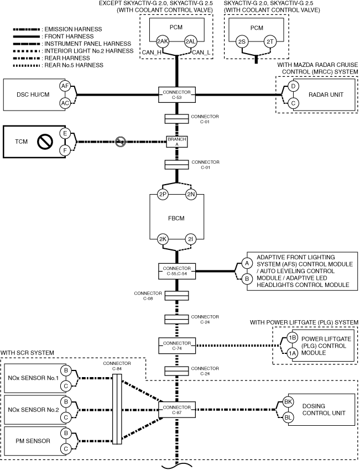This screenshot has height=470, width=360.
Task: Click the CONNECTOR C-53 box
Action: pyautogui.click(x=177, y=95)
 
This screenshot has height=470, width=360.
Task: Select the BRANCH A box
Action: pyautogui.click(x=177, y=142)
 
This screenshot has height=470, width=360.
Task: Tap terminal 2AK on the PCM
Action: pyautogui.click(x=163, y=41)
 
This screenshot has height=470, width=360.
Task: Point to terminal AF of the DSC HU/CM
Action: pyautogui.click(x=65, y=86)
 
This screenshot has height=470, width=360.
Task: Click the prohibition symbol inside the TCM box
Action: pyautogui.click(x=45, y=142)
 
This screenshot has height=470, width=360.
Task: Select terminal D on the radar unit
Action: pyautogui.click(x=293, y=86)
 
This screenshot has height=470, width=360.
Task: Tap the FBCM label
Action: pyautogui.click(x=176, y=218)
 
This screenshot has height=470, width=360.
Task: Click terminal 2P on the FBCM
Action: pyautogui.click(x=163, y=195)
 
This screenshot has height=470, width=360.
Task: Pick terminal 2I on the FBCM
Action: pyautogui.click(x=191, y=239)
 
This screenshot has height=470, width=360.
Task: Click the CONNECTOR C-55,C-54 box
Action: pyautogui.click(x=177, y=271)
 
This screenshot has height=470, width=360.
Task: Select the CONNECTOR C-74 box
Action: pyautogui.click(x=177, y=346)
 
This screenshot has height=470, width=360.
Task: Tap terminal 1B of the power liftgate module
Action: pyautogui.click(x=292, y=338)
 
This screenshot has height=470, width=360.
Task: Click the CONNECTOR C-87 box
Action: pyautogui.click(x=177, y=410)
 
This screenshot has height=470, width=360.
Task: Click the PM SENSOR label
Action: pyautogui.click(x=33, y=441)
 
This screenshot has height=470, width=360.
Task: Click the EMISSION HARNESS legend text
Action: pyautogui.click(x=74, y=29)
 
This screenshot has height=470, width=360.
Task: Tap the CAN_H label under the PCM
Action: pyautogui.click(x=152, y=53)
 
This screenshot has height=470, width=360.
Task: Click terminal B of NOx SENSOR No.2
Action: pyautogui.click(x=66, y=402)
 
